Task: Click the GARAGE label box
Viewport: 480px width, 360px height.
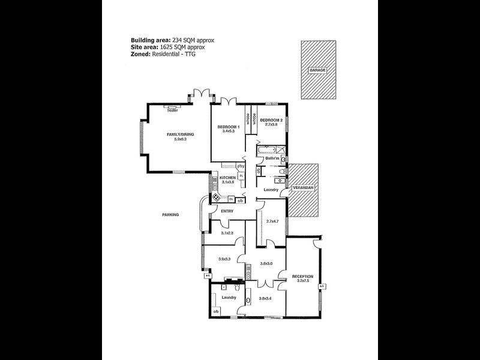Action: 317,70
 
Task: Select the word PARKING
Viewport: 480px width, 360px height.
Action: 170,214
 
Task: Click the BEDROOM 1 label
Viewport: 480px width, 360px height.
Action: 228,127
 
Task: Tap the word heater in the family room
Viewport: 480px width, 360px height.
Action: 173,110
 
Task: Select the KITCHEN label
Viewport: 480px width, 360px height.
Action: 227,178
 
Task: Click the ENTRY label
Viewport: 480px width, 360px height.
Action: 227,211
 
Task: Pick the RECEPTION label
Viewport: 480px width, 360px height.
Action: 302,277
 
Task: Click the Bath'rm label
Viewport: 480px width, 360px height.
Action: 265,158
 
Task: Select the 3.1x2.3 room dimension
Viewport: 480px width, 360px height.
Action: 226,233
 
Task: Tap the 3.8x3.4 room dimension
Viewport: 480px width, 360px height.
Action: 265,298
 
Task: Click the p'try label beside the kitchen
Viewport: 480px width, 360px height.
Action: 239,166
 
